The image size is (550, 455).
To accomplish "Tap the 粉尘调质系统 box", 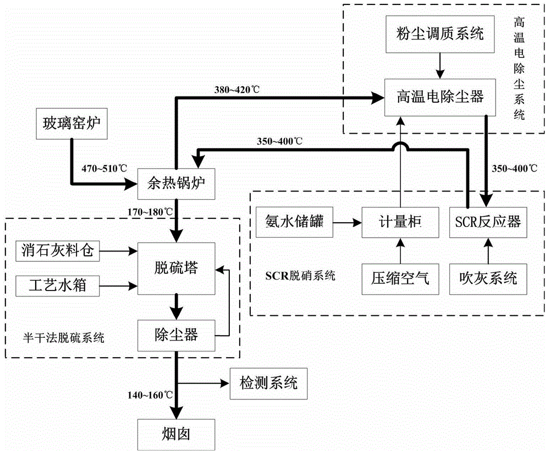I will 440,35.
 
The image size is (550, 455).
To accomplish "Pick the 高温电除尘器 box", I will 440,97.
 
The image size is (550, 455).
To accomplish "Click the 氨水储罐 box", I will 291,223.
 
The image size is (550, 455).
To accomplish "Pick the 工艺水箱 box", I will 58,285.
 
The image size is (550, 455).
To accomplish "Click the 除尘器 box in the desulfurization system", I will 175,333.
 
